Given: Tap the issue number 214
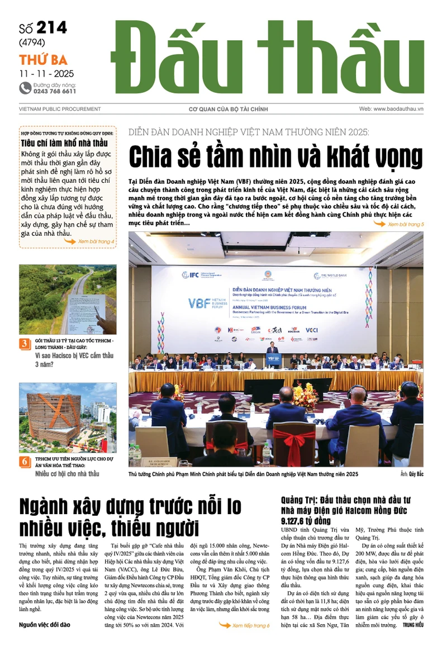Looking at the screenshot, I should click(x=51, y=29).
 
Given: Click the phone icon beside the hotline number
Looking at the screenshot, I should click(x=25, y=88).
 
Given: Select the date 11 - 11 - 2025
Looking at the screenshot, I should click(x=46, y=73).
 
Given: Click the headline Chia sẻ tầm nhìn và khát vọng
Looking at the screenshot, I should click(x=275, y=157).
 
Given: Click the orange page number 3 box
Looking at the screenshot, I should click(x=25, y=344).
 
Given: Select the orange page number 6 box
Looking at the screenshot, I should click(x=25, y=462).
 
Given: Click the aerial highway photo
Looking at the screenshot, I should click(x=68, y=299).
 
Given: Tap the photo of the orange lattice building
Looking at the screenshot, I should click(x=68, y=417).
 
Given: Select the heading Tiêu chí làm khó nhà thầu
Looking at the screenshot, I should click(x=64, y=143).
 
